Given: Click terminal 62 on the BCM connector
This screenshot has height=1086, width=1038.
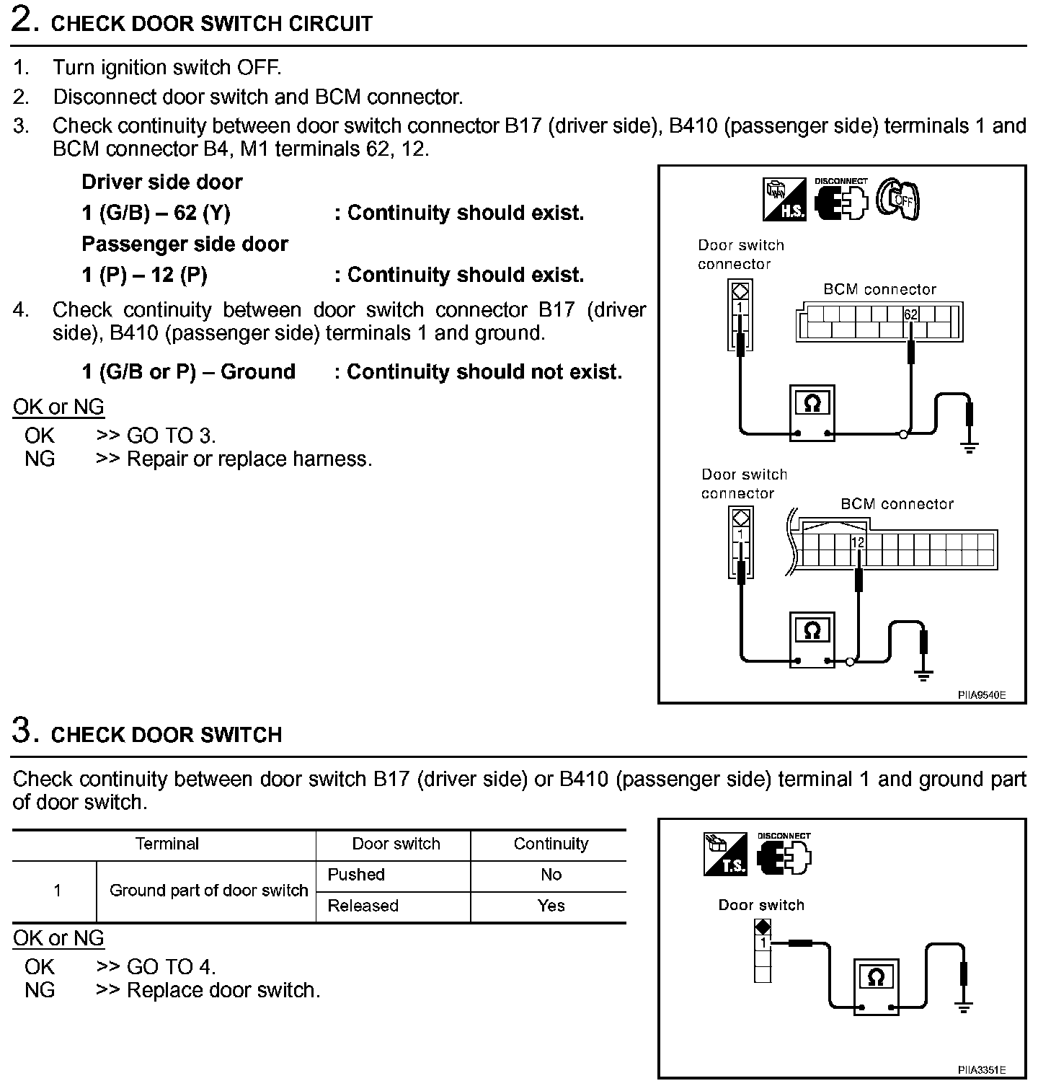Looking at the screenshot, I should point(910,315).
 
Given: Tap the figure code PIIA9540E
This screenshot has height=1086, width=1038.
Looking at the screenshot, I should point(981,695).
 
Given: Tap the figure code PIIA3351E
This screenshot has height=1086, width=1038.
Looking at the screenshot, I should point(981,1070).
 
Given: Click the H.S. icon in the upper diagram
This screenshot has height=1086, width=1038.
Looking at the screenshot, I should point(785,200).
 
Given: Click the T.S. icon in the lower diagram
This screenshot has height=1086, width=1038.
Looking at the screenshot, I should point(725,855).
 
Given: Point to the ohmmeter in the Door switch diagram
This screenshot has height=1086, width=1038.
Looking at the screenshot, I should point(877,986).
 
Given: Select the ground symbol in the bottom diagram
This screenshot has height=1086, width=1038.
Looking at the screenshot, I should point(964,1007).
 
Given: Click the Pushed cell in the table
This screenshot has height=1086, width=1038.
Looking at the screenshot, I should point(356,875).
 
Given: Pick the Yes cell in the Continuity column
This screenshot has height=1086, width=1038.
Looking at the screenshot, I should point(551,906).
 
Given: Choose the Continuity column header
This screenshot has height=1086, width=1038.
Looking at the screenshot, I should point(551,844).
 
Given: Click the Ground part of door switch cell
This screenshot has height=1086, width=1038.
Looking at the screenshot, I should point(208,891).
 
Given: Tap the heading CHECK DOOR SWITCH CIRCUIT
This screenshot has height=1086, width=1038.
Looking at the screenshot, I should point(212,24).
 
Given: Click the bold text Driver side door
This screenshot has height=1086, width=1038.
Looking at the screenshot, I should point(162,182).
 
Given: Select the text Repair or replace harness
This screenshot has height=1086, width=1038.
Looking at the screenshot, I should point(249,459).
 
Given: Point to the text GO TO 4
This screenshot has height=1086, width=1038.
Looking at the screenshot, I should point(171,966).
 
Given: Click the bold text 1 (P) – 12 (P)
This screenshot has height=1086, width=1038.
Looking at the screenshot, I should point(144,275).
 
